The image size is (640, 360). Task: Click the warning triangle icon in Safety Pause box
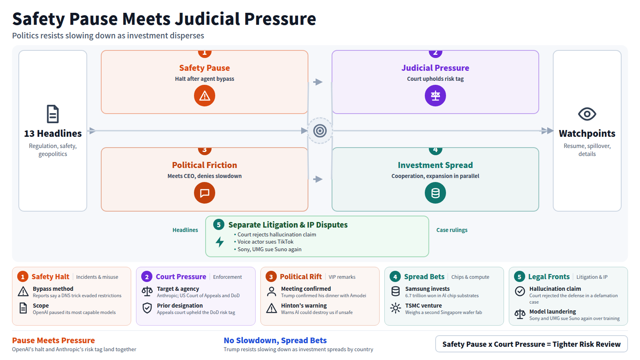tap(204, 96)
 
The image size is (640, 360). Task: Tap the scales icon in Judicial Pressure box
tap(435, 96)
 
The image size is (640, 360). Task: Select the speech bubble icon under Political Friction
tap(204, 193)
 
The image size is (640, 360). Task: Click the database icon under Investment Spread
tap(435, 193)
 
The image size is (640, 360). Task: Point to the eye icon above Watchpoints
tap(587, 114)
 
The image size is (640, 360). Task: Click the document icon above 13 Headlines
tap(53, 114)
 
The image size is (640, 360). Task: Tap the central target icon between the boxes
tap(320, 131)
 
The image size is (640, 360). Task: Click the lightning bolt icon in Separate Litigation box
tap(220, 242)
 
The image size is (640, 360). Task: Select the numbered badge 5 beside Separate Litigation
tap(218, 225)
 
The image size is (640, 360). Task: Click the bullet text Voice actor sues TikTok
tap(266, 242)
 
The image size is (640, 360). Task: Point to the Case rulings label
tap(452, 230)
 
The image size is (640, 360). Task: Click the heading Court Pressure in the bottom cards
tap(181, 276)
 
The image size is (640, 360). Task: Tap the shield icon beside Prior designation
tap(147, 308)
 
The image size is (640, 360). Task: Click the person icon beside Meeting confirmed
tap(272, 292)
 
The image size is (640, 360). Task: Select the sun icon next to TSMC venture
tap(396, 308)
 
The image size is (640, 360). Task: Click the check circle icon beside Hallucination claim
tap(520, 291)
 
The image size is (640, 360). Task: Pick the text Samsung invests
tap(427, 289)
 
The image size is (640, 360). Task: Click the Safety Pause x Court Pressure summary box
tap(532, 344)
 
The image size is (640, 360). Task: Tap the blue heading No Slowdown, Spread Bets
tap(275, 340)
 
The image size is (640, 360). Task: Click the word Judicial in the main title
tap(207, 19)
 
